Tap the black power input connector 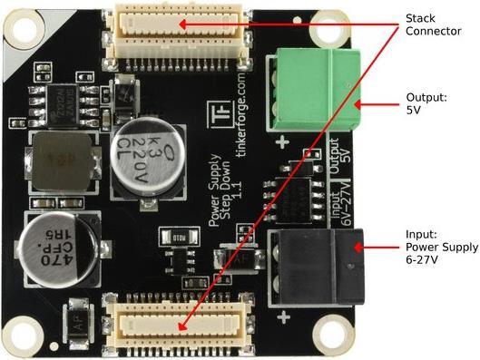322,258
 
